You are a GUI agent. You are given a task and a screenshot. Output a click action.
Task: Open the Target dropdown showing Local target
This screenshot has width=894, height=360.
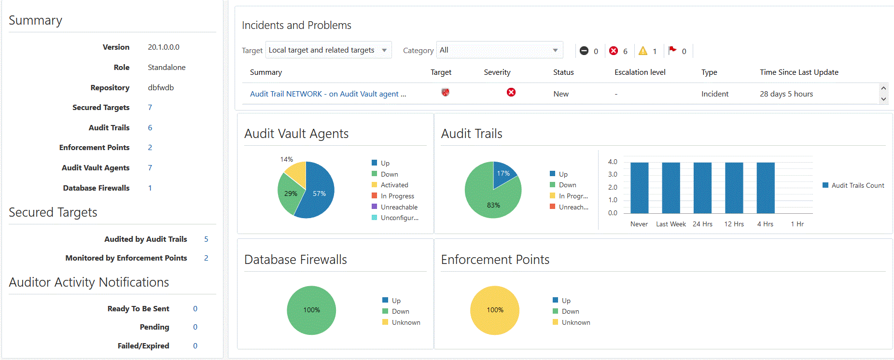(x=328, y=50)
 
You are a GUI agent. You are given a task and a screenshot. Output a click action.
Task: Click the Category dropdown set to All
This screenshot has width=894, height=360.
(x=499, y=50)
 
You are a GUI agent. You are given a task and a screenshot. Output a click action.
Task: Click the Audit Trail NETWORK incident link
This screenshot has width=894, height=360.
(x=328, y=94)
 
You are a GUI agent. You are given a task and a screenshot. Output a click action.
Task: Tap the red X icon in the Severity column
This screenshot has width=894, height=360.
(x=511, y=92)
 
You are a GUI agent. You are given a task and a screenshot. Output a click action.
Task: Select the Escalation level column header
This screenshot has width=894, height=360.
(x=640, y=72)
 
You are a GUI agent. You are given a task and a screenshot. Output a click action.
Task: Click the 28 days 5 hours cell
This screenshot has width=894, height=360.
(x=786, y=94)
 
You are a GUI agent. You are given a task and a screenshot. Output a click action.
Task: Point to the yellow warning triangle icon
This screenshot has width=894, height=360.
(x=643, y=51)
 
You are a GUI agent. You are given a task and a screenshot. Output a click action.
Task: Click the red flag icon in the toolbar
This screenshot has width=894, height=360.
(x=672, y=50)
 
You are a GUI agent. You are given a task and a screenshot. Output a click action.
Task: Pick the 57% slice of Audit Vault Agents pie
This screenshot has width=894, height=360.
(x=316, y=195)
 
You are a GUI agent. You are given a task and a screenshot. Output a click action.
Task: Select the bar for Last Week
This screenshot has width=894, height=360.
(x=671, y=188)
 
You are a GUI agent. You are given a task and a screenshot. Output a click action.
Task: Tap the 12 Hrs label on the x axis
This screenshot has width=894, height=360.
(x=734, y=224)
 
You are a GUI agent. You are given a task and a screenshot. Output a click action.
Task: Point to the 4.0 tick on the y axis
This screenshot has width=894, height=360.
(x=613, y=162)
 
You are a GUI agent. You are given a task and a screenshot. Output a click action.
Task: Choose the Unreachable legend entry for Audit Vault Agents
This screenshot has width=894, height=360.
(x=399, y=207)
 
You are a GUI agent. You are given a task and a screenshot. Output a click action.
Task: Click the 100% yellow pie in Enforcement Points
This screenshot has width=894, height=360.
(x=495, y=310)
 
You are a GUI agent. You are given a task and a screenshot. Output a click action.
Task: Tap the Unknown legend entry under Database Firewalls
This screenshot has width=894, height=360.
(x=405, y=322)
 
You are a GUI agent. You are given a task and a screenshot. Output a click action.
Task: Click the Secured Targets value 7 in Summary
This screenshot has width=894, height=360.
(x=150, y=108)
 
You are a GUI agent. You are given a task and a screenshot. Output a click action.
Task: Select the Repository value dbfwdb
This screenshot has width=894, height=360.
(x=161, y=88)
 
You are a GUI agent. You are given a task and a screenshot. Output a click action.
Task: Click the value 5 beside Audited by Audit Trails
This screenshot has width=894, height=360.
(x=206, y=239)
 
